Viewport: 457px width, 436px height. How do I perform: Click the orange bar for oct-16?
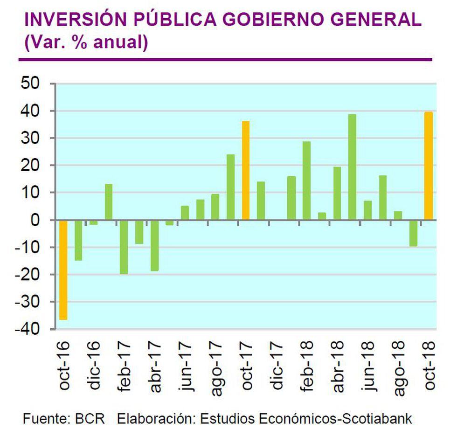pos(63,270)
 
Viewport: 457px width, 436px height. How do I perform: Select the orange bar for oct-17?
pos(246,171)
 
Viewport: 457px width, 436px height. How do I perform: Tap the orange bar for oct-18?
pos(429,166)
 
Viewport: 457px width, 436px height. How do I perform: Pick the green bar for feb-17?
pos(124,247)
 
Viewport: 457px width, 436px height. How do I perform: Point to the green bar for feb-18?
pos(306,180)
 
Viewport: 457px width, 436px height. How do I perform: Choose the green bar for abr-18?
pos(337,193)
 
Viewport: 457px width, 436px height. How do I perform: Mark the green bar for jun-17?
pos(185,213)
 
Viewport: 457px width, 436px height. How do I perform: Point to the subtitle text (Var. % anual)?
pos(86,42)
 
